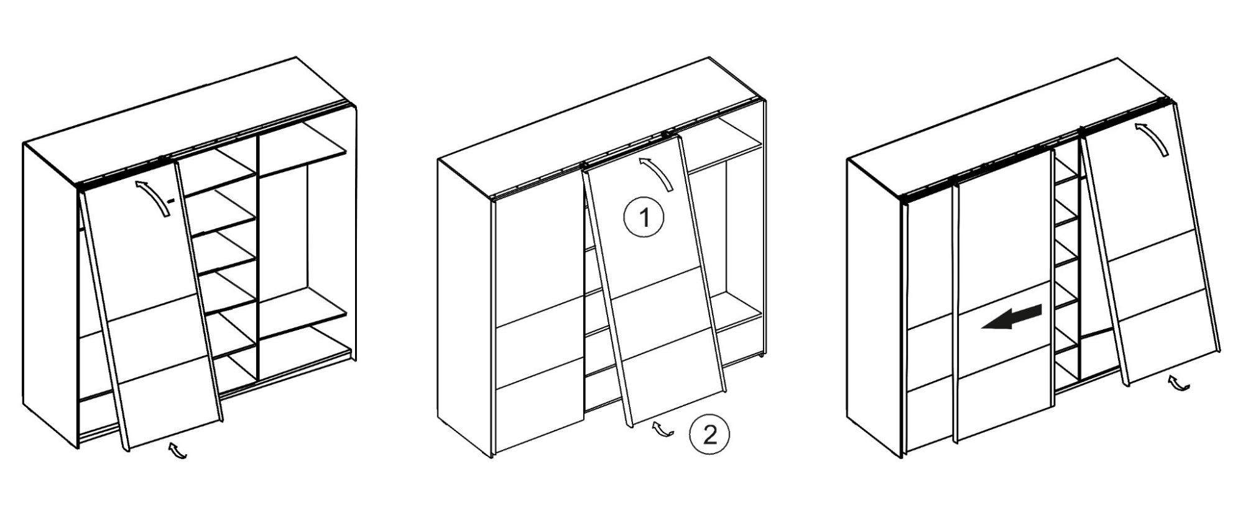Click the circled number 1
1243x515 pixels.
[644, 217]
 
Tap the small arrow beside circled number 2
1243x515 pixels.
[663, 429]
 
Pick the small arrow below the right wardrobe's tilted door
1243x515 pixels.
[1178, 384]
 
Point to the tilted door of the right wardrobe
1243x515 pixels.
[1150, 248]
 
